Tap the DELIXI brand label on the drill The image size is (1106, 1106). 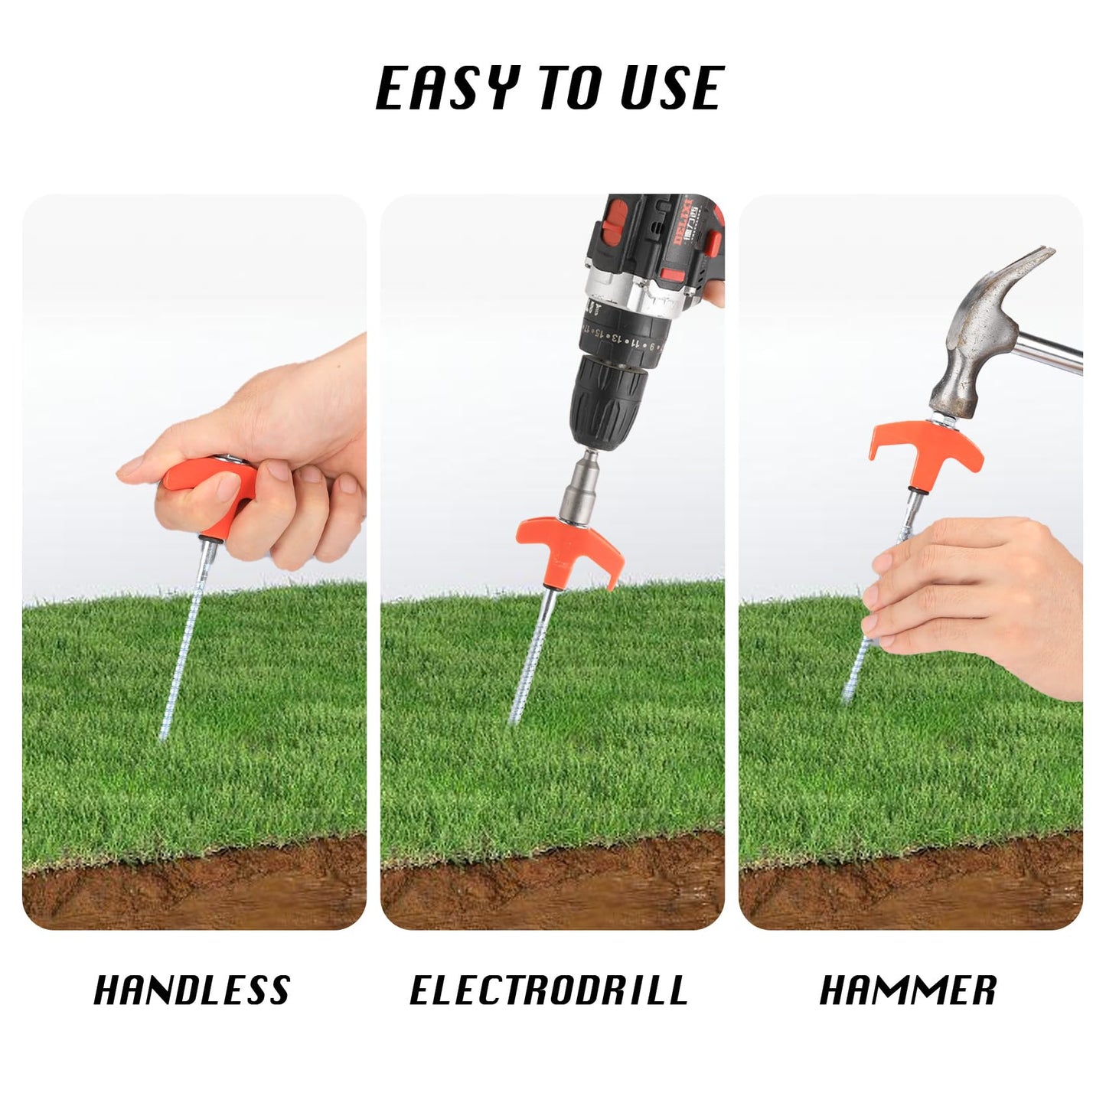pyautogui.click(x=681, y=223)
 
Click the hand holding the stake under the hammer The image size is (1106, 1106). pyautogui.click(x=976, y=602)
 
